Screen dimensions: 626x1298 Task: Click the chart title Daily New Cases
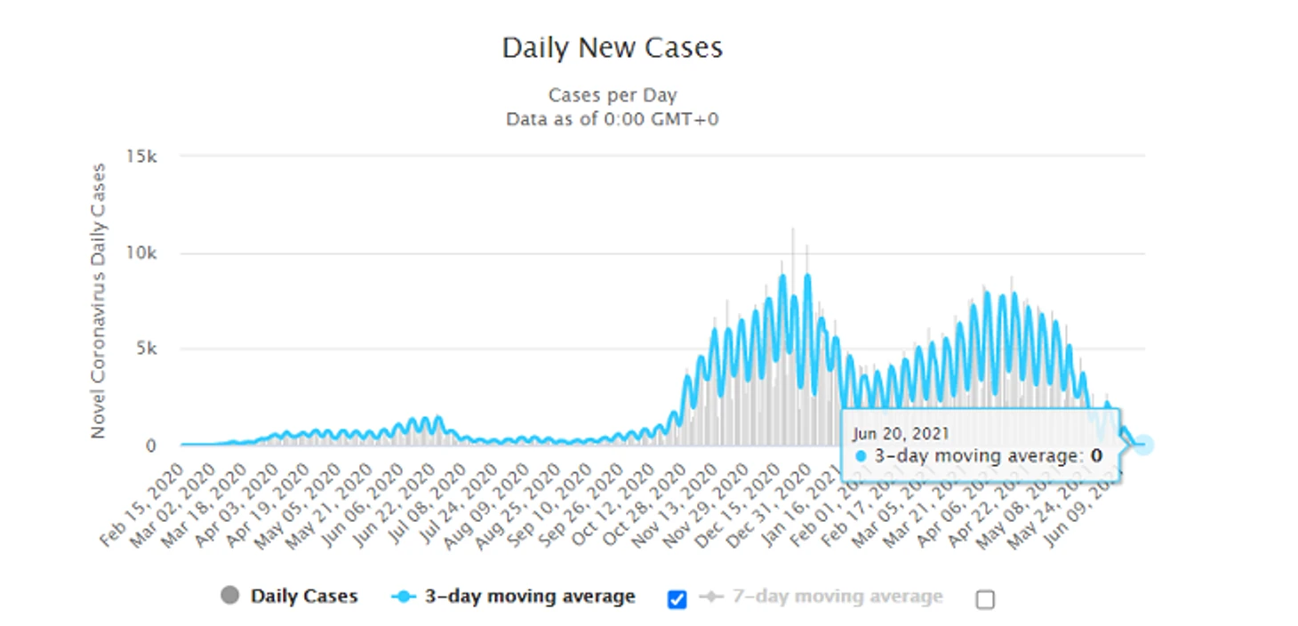(612, 47)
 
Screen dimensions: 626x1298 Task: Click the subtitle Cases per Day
(612, 95)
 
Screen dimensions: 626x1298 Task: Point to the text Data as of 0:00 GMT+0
(612, 118)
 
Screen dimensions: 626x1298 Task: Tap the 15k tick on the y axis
(143, 156)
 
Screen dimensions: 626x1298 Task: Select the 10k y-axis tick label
(143, 253)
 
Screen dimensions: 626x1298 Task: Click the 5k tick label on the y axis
(148, 349)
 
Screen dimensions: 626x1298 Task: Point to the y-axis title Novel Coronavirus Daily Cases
(99, 301)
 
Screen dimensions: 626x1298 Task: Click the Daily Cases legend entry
(303, 597)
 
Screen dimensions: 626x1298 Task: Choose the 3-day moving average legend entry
(529, 597)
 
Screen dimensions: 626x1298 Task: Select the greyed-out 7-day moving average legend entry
(837, 597)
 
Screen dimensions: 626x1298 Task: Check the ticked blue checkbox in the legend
(677, 599)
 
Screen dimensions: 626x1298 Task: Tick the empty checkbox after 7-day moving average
(984, 599)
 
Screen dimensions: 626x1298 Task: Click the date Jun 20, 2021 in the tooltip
(901, 434)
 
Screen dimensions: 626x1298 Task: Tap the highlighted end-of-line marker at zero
(1143, 445)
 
